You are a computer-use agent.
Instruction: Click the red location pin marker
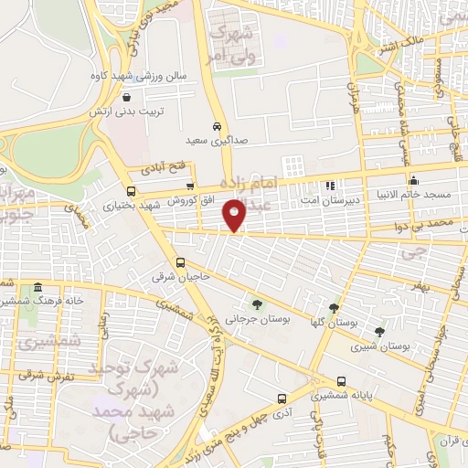pos(235,215)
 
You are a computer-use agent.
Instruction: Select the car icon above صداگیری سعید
pos(216,126)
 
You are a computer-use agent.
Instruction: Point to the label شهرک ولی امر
pos(228,42)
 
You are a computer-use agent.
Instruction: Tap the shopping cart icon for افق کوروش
pos(190,186)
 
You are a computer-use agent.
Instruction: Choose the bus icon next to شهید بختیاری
pos(132,191)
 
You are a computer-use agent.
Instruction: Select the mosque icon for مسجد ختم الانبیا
pos(413,180)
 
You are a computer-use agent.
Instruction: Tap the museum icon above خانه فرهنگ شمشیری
pos(37,288)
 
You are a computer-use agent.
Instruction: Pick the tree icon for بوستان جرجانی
pos(256,303)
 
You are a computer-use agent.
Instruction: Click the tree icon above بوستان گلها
pos(333,308)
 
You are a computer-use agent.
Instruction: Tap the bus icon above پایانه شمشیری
pos(341,382)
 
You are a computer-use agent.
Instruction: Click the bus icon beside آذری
pos(282,399)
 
